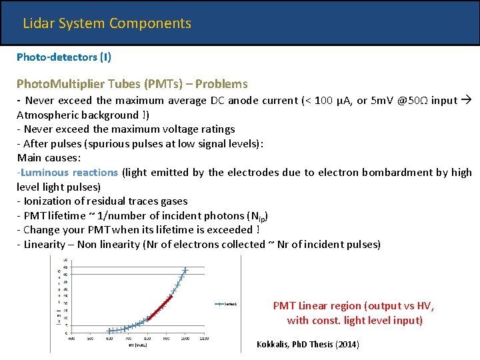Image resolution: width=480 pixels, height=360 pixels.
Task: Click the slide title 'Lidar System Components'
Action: (107, 23)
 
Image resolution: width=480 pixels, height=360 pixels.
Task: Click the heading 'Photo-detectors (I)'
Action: (64, 57)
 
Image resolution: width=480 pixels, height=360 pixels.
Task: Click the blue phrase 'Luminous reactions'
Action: (69, 172)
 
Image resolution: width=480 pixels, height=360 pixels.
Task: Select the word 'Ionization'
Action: (48, 201)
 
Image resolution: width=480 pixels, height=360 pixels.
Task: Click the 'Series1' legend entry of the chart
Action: (231, 304)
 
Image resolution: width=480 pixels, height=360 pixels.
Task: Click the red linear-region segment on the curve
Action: (160, 307)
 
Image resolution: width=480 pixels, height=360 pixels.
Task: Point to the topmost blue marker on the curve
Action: (185, 270)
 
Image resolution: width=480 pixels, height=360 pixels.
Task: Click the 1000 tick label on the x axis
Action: (185, 339)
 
